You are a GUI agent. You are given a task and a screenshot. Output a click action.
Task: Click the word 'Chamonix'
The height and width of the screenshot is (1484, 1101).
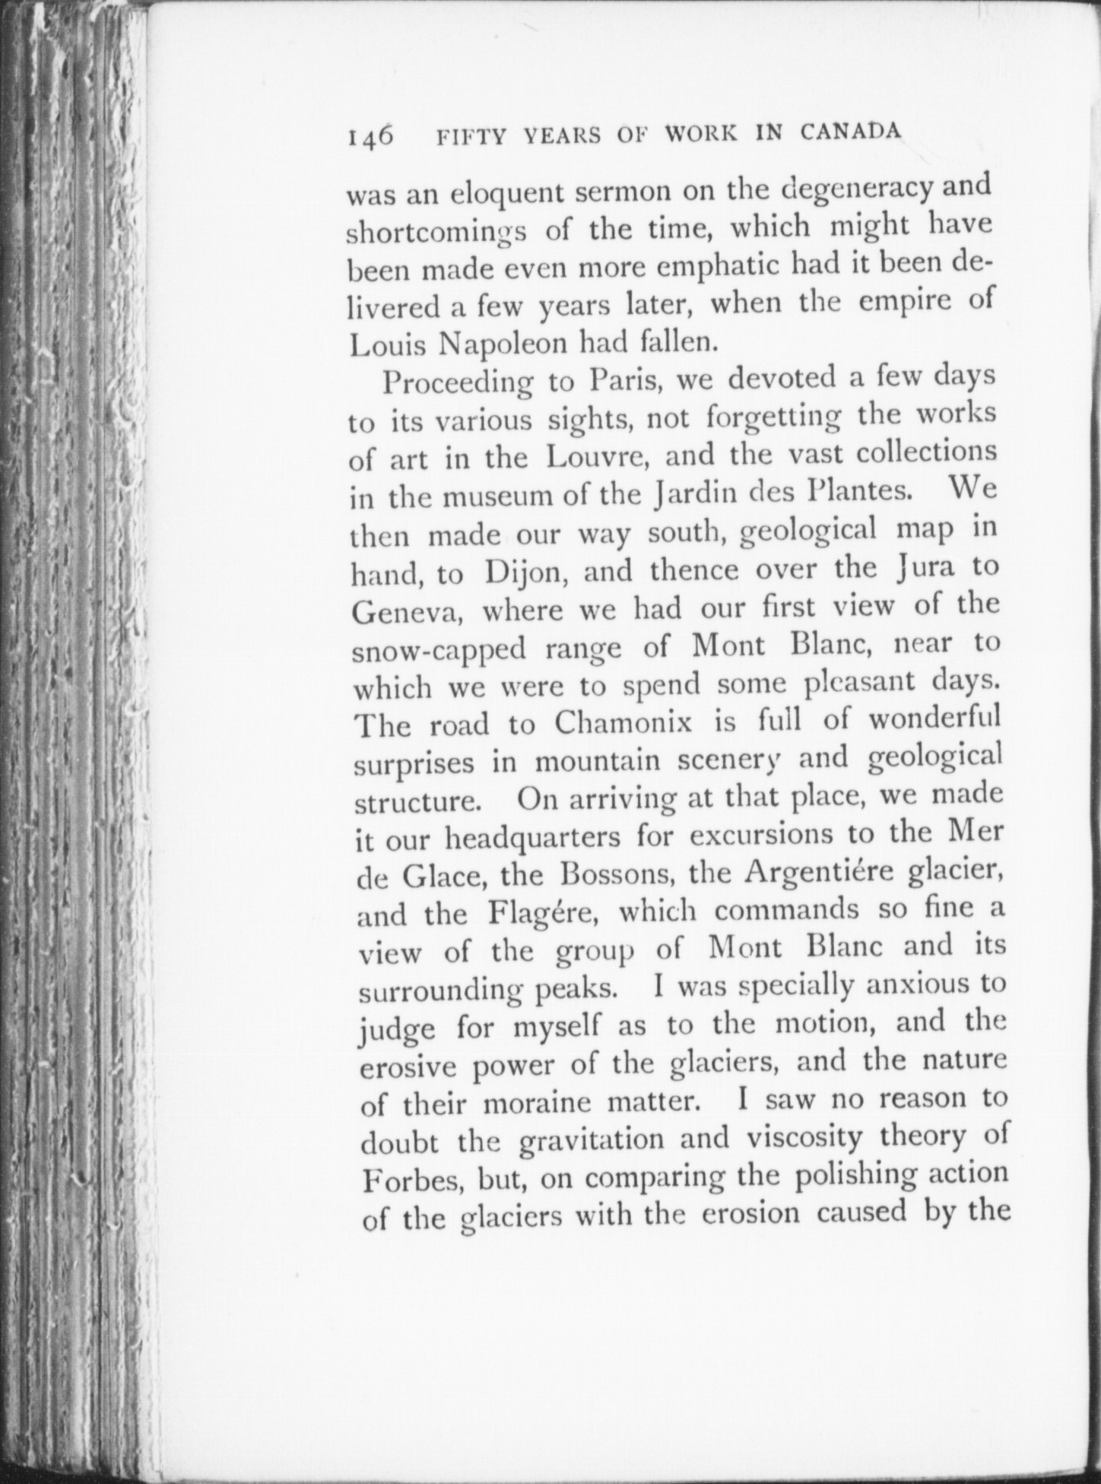623,722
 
